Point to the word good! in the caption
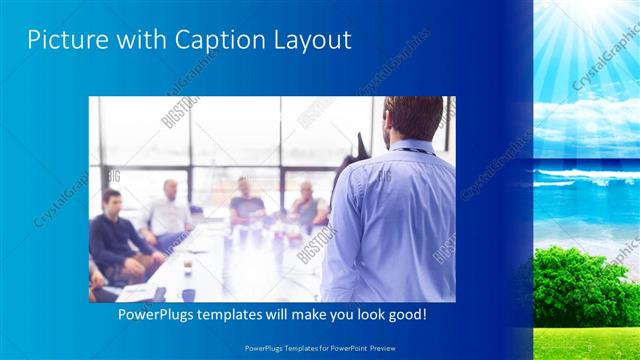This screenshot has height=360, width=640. [407, 314]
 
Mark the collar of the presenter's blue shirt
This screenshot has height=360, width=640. [414, 148]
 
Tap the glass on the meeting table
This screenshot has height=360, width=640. [187, 265]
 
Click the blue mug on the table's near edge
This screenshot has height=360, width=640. [188, 294]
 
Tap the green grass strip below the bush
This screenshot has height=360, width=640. [585, 342]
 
